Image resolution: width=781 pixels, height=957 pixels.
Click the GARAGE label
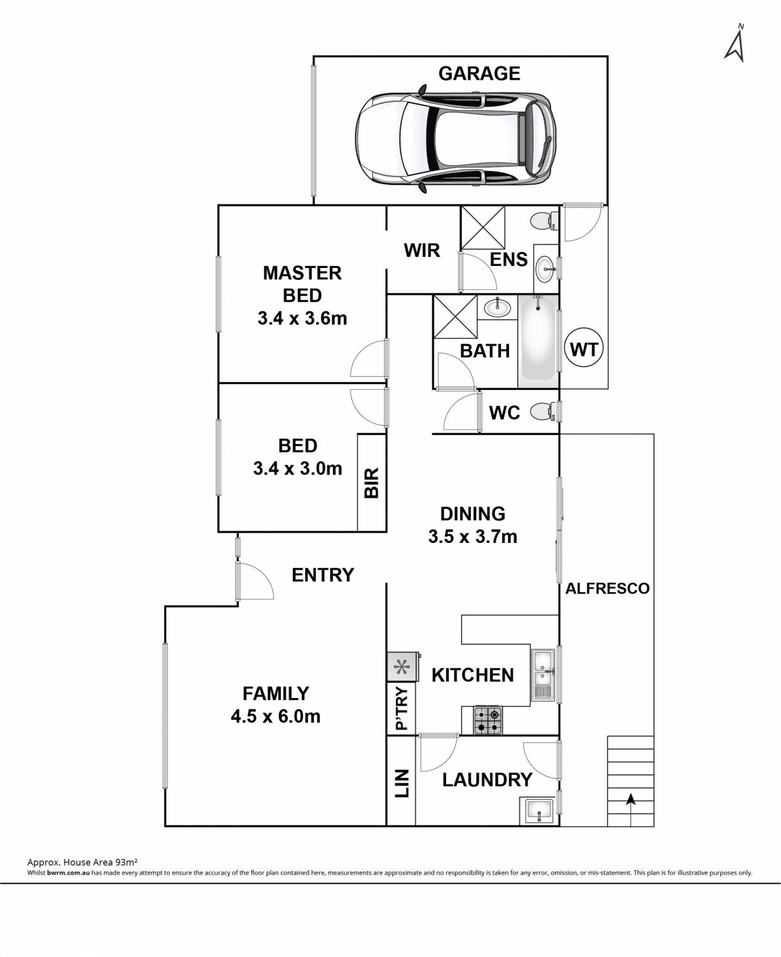479,73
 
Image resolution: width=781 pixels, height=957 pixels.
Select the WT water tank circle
584,350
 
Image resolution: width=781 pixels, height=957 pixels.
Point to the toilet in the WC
543,412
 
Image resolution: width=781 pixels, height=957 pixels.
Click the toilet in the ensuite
544,221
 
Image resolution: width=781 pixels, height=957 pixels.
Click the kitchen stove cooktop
488,720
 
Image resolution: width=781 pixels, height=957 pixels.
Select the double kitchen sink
543,674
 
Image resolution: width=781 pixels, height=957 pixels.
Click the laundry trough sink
539,811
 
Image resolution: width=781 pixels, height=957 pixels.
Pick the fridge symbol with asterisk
403,667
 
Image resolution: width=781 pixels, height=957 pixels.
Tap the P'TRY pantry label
402,708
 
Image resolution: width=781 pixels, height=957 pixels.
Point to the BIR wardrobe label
371,483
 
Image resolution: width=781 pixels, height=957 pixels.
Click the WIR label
422,251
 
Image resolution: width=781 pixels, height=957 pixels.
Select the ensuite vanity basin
544,269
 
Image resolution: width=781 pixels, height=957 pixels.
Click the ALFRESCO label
607,588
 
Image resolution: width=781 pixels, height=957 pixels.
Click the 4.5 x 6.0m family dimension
276,716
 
